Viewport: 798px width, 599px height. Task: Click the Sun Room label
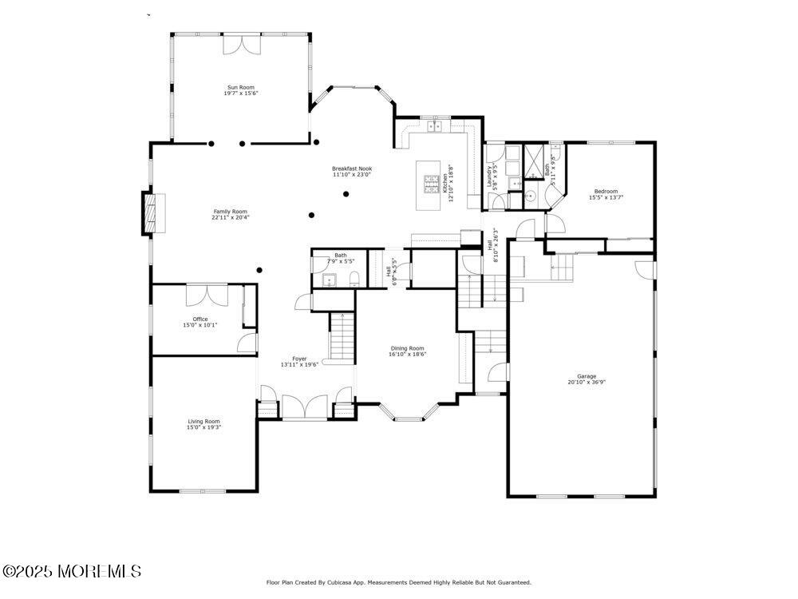coord(240,87)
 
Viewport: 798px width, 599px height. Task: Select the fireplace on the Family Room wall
coord(150,213)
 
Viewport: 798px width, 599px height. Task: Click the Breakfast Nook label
coord(352,169)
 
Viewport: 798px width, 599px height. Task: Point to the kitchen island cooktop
coord(432,186)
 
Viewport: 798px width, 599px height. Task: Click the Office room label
coord(199,319)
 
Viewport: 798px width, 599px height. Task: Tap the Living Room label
coord(203,421)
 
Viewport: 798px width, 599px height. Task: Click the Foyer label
coord(299,359)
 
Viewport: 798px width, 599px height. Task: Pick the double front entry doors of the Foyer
coord(304,405)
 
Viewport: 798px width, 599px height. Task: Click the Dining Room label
coord(407,348)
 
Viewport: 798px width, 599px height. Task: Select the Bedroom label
coord(606,191)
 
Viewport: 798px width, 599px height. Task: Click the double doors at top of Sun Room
coord(241,44)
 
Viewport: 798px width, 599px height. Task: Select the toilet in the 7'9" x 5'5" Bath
coord(354,278)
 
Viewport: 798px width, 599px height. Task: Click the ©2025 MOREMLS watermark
coord(72,571)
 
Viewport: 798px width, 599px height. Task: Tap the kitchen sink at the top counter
coord(435,125)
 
